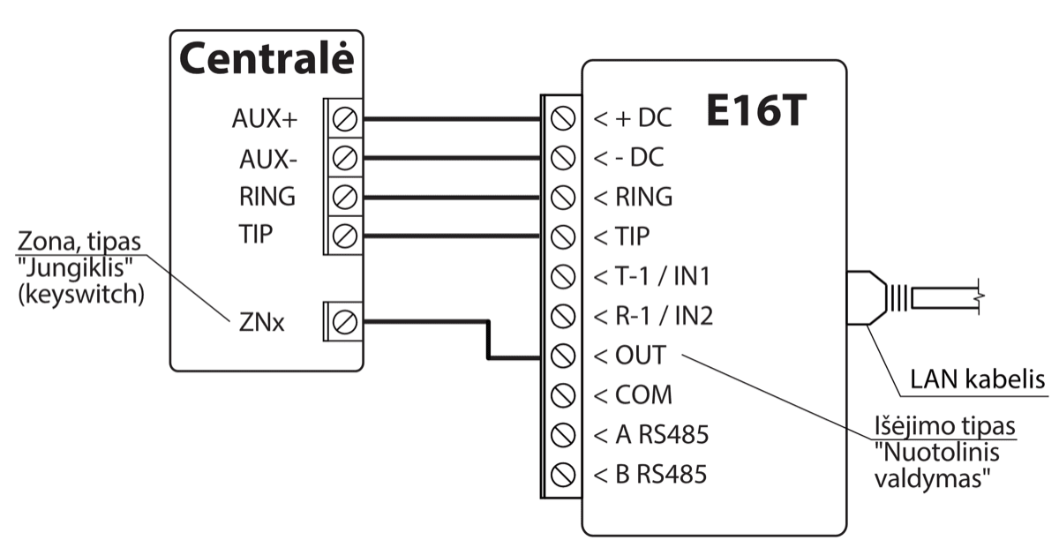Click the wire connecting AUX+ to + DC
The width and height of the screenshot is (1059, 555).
coord(450,118)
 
